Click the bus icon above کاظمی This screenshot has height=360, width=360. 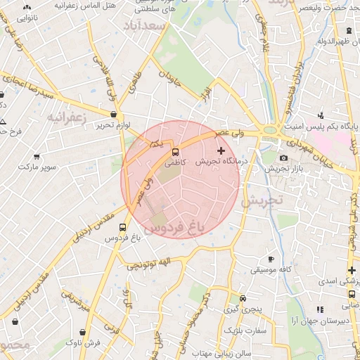(175, 151)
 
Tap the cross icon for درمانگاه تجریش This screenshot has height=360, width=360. (221, 150)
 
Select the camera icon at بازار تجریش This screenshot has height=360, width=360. (283, 158)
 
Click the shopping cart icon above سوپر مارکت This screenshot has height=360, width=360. (37, 157)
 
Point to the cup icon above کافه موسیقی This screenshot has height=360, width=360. (271, 259)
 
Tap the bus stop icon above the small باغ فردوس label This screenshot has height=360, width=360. (123, 228)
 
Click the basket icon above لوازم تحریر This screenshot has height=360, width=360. (113, 114)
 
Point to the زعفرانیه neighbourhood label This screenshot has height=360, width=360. (66, 117)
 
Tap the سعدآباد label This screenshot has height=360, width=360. (144, 26)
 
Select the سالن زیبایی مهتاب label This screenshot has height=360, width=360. (222, 351)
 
